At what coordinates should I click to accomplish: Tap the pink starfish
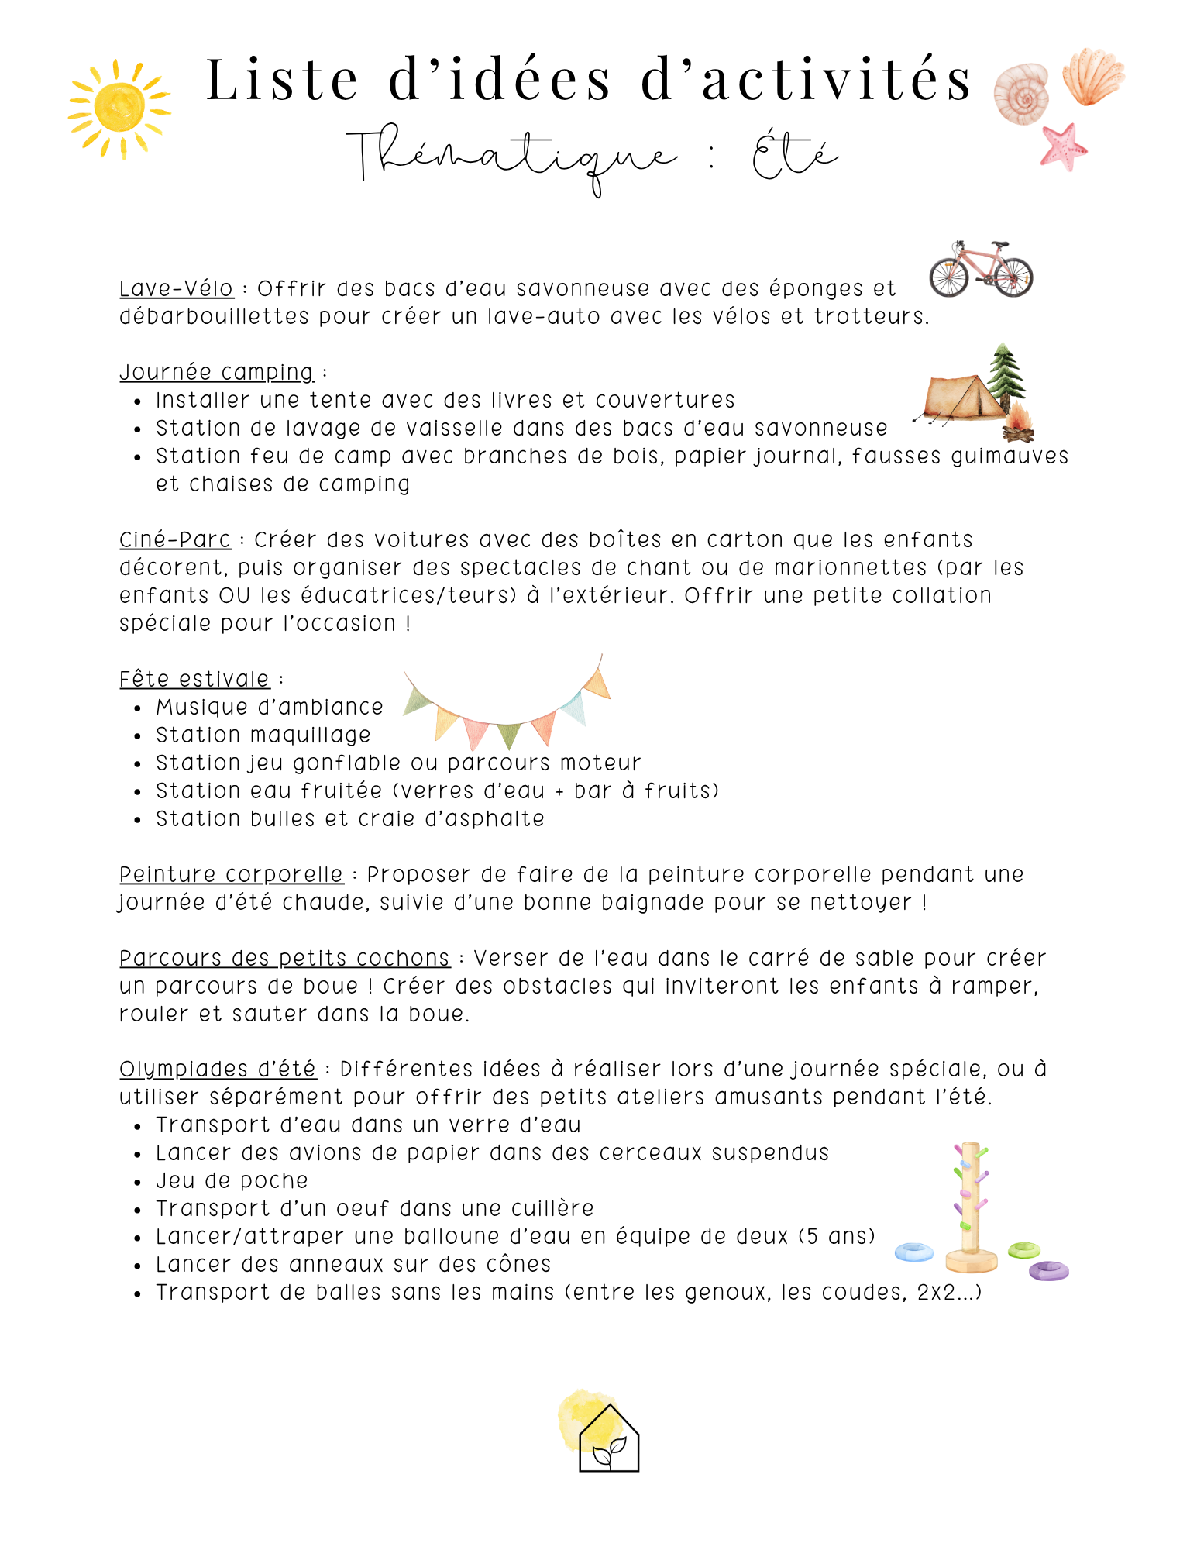1063,146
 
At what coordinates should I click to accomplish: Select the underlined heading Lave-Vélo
176,288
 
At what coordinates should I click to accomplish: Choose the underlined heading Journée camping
216,372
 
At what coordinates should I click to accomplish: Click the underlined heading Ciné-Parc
175,539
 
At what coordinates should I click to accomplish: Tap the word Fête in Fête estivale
144,679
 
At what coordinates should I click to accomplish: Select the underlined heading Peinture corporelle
231,874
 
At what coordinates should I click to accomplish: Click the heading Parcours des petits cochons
284,958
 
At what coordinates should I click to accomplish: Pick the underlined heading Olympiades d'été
218,1069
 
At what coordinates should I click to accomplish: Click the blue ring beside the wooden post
914,1252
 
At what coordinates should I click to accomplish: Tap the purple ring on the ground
1048,1270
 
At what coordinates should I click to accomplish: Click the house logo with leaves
609,1438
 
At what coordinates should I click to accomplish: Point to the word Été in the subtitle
794,156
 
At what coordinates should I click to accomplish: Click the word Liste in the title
283,80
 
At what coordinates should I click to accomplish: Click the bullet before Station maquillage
138,736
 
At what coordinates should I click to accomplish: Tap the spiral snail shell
1021,94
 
